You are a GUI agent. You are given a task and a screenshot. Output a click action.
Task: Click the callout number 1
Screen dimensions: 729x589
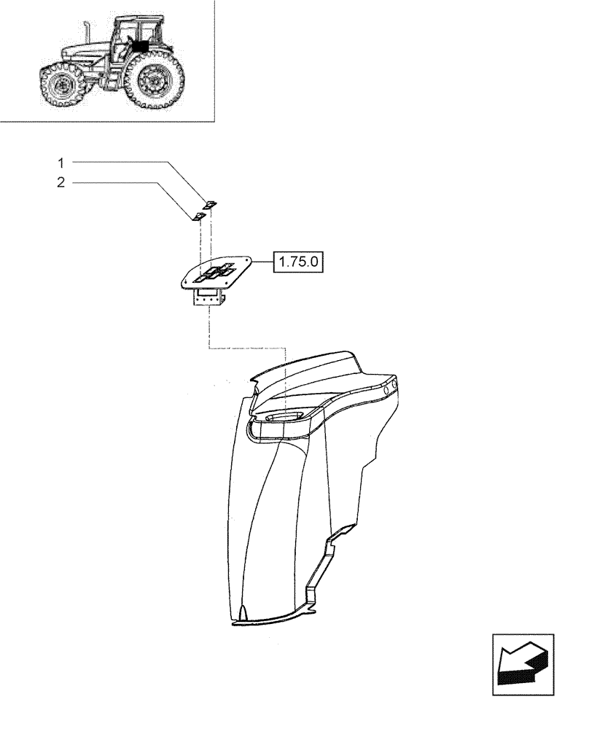click(x=61, y=161)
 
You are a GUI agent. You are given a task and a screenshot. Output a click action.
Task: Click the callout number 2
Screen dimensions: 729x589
click(x=61, y=183)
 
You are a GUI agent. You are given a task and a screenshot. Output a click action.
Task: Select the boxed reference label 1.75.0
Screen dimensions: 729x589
click(x=300, y=261)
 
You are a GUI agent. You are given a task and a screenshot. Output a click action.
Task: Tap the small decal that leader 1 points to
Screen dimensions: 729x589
click(x=210, y=205)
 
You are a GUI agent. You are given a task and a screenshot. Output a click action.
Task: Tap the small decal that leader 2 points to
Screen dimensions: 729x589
click(x=198, y=217)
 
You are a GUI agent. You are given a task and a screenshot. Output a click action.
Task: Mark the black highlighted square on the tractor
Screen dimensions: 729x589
click(x=139, y=44)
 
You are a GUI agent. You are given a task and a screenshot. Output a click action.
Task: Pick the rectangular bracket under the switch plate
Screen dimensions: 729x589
click(x=208, y=297)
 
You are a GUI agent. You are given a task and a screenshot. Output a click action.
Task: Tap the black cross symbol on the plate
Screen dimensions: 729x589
click(x=216, y=272)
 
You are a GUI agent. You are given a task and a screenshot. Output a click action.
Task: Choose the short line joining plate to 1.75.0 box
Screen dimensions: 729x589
click(x=262, y=261)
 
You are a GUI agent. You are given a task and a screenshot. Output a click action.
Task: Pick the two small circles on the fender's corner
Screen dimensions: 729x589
click(x=390, y=387)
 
